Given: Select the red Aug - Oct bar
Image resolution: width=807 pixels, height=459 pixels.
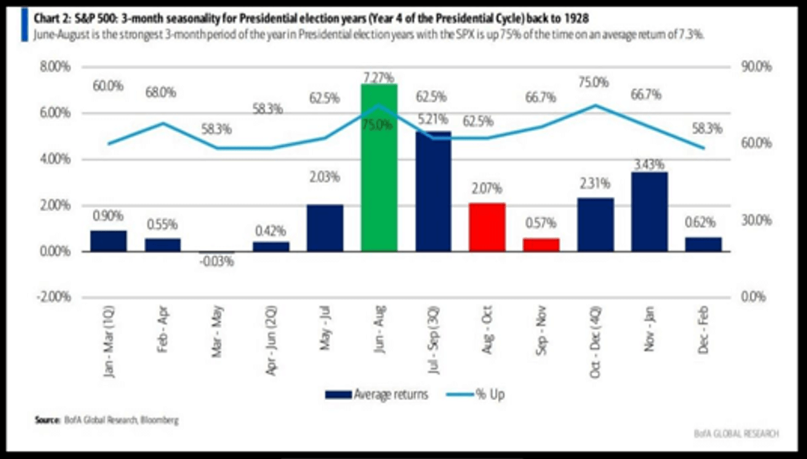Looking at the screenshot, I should [487, 228].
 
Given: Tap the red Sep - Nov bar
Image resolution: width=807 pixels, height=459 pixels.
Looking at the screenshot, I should [542, 245].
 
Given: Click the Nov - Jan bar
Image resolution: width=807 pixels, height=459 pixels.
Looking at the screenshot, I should [650, 212].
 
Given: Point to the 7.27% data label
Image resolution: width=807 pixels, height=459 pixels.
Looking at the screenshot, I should [380, 75].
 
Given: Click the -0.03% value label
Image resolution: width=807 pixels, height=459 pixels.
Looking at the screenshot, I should [217, 262].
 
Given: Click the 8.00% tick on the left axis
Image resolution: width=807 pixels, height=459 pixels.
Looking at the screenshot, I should [50, 67].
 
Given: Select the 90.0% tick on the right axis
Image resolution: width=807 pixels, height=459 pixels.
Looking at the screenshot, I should [755, 67].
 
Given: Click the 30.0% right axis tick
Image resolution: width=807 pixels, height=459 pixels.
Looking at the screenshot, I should [755, 220].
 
